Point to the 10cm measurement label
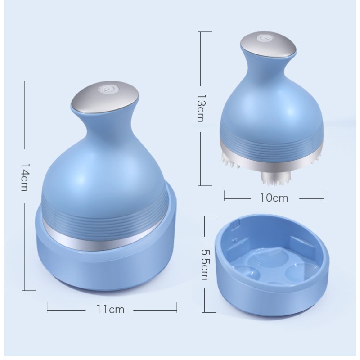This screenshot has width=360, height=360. tap(274, 197)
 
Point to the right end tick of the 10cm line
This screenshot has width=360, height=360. tap(324, 197)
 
